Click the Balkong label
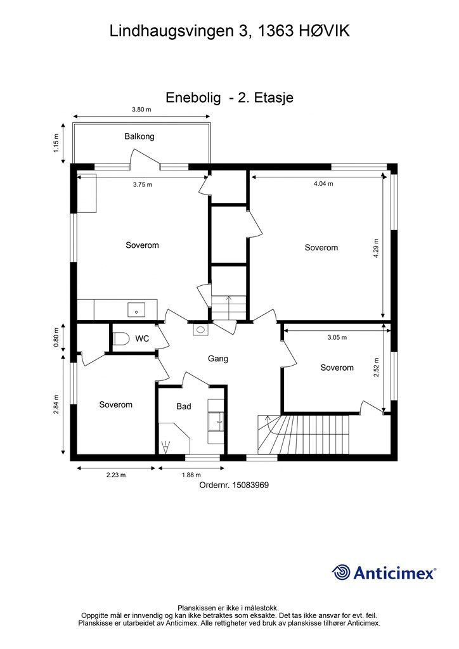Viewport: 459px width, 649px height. click(139, 136)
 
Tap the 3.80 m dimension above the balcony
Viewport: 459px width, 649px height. click(141, 110)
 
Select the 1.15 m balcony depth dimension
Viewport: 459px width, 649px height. click(56, 143)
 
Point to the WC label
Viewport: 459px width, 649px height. click(142, 338)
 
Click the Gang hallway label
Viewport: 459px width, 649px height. click(217, 359)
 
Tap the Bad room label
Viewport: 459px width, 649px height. click(184, 406)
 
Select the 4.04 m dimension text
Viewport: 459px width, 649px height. click(323, 183)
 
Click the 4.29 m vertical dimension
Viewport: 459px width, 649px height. click(376, 248)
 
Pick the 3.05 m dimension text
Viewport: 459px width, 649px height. click(337, 337)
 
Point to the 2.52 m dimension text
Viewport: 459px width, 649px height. click(376, 368)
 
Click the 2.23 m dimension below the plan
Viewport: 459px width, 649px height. click(116, 475)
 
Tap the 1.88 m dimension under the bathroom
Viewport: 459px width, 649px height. click(191, 475)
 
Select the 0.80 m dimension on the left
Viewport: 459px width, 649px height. click(56, 337)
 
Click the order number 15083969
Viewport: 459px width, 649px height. click(251, 485)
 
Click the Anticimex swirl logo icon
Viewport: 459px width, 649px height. click(341, 572)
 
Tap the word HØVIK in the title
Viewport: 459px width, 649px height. click(325, 31)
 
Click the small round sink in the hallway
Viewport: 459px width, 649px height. click(202, 330)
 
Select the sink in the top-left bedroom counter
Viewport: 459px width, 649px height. click(136, 309)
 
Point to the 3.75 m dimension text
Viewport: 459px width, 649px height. click(143, 184)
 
